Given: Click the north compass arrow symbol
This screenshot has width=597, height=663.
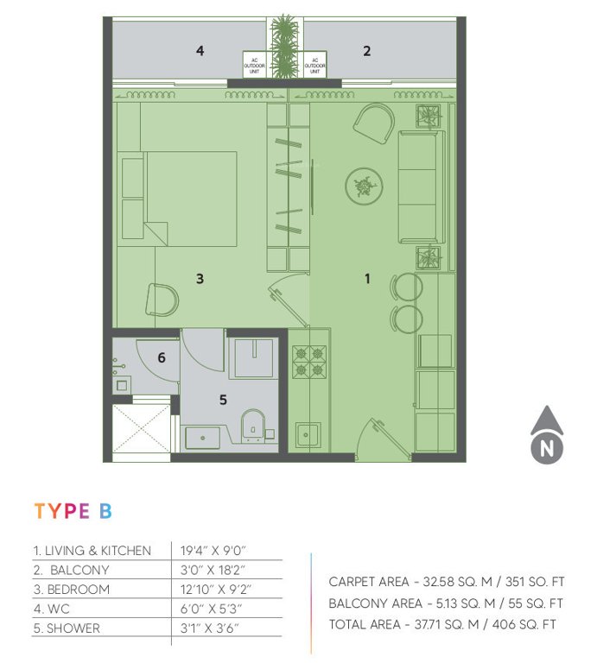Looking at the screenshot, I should pos(546,434).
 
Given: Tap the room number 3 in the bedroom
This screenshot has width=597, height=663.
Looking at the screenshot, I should pos(200,279).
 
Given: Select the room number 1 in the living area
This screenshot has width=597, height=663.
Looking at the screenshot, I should pos(367,279).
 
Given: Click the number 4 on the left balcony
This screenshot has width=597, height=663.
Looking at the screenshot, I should pos(200,51).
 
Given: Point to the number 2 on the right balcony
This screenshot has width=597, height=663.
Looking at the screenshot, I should pos(366,51).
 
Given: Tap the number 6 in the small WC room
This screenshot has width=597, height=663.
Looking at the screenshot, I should pos(162,357).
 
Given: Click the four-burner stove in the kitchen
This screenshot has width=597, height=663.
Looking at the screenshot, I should pos(309,361).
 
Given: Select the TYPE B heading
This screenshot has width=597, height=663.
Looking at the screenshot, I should pos(73,510).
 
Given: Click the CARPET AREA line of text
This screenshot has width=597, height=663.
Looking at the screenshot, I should pos(445,582).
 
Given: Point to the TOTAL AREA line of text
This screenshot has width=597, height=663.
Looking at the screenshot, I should pos(445,623).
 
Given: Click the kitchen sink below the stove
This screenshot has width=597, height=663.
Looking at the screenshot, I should pos(308,433).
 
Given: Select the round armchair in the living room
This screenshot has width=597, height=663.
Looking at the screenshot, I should pos(375,123).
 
